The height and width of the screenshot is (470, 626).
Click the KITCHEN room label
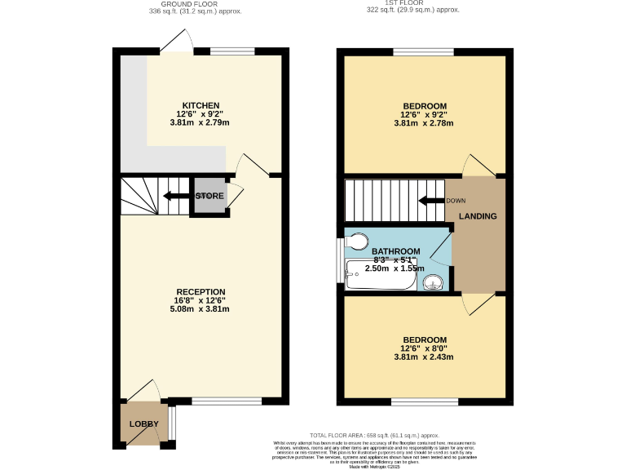coord(200,106)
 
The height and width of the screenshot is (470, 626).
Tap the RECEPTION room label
coord(200,291)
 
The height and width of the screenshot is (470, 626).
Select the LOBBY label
coord(143,424)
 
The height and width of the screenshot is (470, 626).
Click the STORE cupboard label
coord(209,196)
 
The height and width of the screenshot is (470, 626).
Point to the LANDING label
coord(478,216)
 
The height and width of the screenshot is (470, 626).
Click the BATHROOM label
coord(396,251)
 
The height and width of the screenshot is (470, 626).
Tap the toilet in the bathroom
coord(356,241)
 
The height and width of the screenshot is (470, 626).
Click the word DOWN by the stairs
coord(456,200)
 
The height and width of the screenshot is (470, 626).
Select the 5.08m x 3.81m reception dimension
coord(200,309)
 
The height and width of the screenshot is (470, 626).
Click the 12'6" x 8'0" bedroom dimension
coord(425,348)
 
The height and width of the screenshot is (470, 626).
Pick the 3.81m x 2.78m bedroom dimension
coord(425,123)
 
